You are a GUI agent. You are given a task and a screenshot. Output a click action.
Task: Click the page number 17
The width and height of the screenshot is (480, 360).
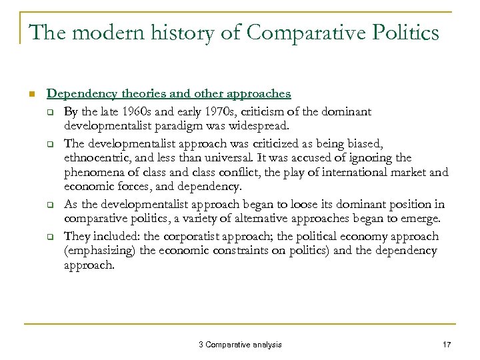[x=446, y=345]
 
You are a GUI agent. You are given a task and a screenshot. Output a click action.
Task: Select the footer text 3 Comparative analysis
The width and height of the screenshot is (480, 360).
[x=240, y=345]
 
